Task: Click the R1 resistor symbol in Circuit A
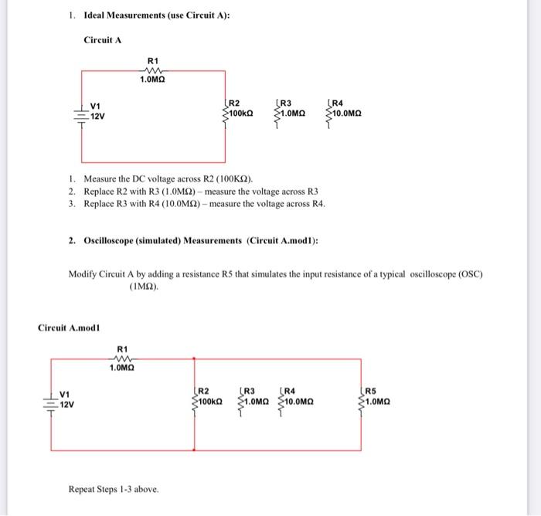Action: click(x=151, y=70)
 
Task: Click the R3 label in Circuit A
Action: click(x=286, y=102)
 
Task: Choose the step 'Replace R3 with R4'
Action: click(x=204, y=204)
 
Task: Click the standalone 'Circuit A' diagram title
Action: click(x=104, y=39)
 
